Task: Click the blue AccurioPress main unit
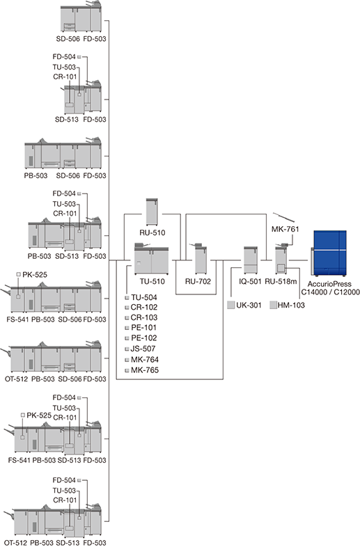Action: click(329, 253)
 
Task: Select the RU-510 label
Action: click(152, 232)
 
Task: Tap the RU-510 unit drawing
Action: click(152, 212)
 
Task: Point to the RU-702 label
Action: click(198, 282)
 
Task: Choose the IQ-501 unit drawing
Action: click(251, 260)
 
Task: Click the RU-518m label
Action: click(281, 282)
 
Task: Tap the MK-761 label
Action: click(285, 229)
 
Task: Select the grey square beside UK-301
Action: click(230, 306)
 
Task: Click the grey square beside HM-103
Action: click(274, 306)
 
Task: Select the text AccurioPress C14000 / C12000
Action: click(330, 288)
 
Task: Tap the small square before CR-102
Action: click(127, 308)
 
